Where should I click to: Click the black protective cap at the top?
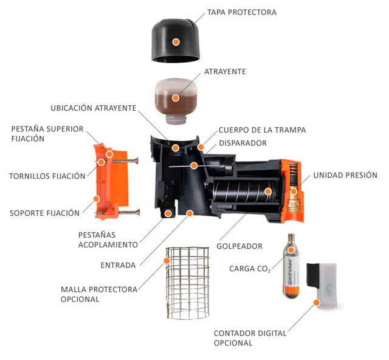(176, 36)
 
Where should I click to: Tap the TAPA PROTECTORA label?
(241, 12)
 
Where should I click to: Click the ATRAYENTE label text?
(225, 71)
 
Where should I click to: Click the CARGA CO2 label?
(249, 268)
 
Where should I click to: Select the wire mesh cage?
(188, 283)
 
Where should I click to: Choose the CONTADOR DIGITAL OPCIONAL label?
(250, 338)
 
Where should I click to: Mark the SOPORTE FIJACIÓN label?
(44, 213)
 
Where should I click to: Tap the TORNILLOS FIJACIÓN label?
(47, 176)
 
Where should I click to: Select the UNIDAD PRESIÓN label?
(345, 175)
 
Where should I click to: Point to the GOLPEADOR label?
(239, 246)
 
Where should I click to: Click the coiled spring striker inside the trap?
(243, 192)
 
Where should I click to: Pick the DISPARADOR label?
(242, 143)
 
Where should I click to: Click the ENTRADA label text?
(118, 265)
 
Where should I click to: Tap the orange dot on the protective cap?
(176, 42)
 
